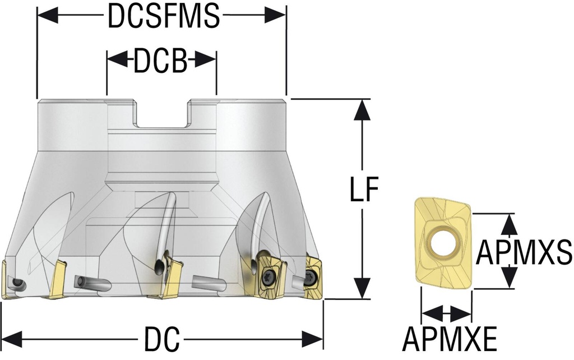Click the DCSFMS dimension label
(x=163, y=17)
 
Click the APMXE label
(x=450, y=338)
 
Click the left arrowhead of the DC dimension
(x=12, y=339)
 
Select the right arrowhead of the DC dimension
(x=312, y=339)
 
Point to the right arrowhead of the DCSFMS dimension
(x=275, y=16)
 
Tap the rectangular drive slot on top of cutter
(x=161, y=115)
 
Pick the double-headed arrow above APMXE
(x=446, y=313)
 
